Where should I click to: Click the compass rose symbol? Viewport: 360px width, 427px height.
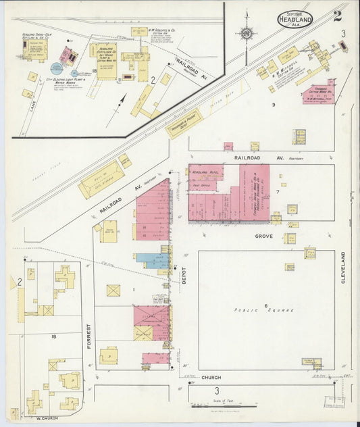click(x=247, y=32)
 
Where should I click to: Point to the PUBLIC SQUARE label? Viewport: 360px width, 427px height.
click(x=265, y=310)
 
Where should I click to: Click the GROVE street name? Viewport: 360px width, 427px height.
click(x=263, y=236)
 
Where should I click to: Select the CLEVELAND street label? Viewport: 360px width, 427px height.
click(x=344, y=267)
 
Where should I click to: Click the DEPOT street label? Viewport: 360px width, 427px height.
click(x=183, y=273)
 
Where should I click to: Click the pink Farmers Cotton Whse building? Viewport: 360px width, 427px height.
click(x=319, y=94)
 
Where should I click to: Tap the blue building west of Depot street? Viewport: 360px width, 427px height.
click(x=152, y=260)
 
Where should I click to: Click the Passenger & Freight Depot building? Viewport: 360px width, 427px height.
click(x=184, y=124)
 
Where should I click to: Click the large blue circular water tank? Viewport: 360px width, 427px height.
click(x=57, y=68)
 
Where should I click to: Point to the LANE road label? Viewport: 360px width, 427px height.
click(x=32, y=104)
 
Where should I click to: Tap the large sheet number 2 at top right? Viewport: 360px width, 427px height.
click(x=336, y=16)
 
